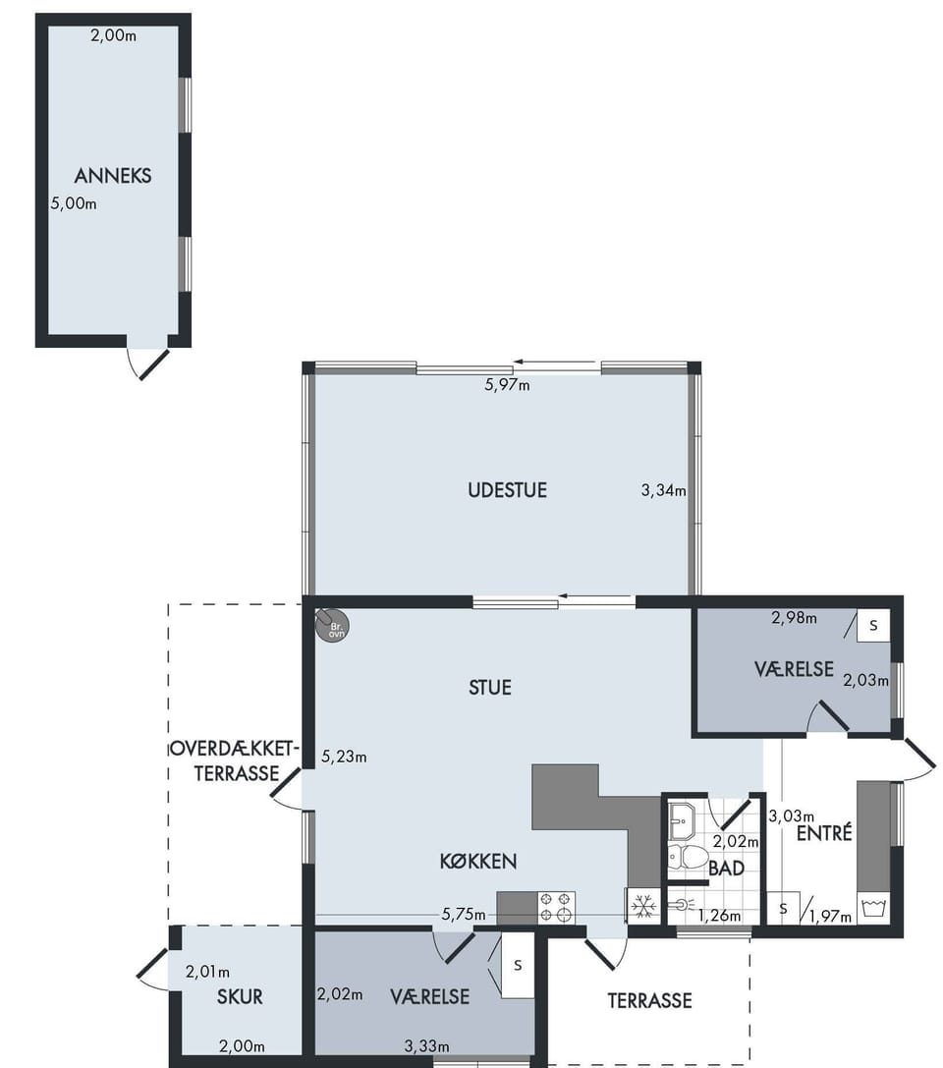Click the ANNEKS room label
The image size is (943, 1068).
(x=113, y=176)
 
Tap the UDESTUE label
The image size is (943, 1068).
(x=507, y=490)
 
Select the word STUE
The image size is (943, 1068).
(x=490, y=688)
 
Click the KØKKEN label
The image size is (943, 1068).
(x=478, y=862)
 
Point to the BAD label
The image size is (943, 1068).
(x=726, y=869)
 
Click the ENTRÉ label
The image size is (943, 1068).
(x=824, y=832)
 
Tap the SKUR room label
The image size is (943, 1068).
(x=240, y=997)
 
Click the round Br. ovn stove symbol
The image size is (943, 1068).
(x=332, y=625)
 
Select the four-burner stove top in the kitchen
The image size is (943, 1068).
(x=556, y=908)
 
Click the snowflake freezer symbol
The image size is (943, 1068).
(x=642, y=907)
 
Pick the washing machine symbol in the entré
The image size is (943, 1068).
(x=873, y=908)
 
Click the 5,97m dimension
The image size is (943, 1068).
(x=507, y=385)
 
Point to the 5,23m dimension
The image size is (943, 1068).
(x=344, y=757)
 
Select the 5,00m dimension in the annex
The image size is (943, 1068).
(x=74, y=203)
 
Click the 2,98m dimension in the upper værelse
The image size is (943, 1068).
(x=794, y=618)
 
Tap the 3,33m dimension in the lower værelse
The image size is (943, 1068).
(x=427, y=1046)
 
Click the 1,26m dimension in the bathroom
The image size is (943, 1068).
(x=719, y=916)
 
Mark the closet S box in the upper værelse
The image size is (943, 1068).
(x=873, y=625)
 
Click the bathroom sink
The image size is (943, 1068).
(x=681, y=820)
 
